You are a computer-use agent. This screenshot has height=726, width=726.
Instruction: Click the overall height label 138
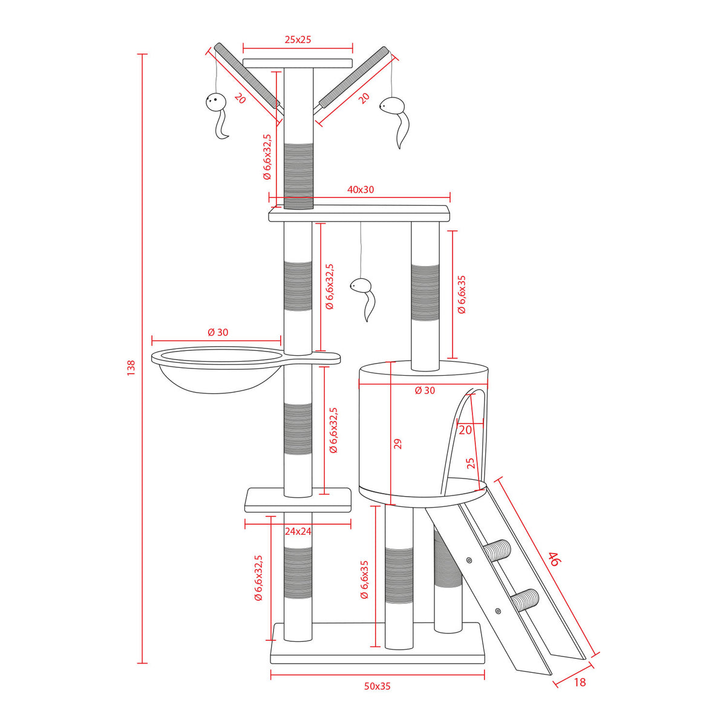pyautogui.click(x=131, y=367)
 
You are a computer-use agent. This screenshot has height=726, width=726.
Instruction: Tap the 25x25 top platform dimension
pyautogui.click(x=298, y=39)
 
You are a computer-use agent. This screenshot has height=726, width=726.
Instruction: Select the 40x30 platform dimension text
pyautogui.click(x=361, y=189)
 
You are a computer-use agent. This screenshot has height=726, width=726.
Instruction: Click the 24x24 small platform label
pyautogui.click(x=298, y=531)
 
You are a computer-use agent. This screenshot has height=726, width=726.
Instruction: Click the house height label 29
pyautogui.click(x=397, y=444)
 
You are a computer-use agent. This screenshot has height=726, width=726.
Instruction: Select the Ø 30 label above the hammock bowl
pyautogui.click(x=218, y=332)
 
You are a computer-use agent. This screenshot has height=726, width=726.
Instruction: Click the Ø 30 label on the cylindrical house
pyautogui.click(x=425, y=390)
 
